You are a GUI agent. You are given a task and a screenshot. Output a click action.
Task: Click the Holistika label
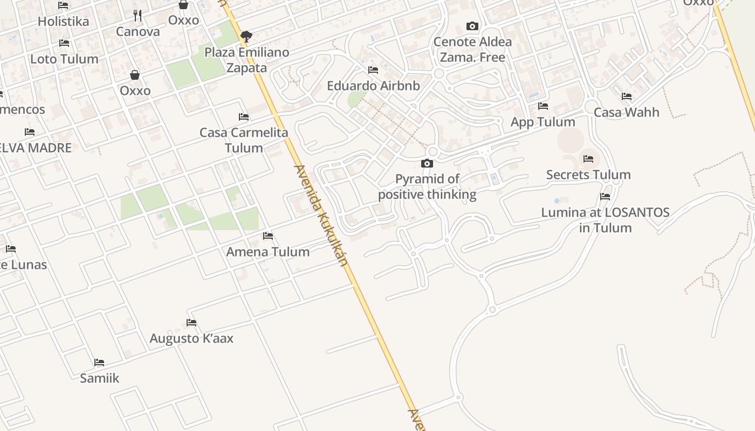click(63, 22)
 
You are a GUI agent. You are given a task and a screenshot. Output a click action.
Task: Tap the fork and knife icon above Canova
click(138, 16)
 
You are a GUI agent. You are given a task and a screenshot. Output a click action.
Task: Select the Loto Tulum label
click(64, 59)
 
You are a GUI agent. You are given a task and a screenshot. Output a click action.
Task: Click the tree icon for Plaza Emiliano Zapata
click(246, 37)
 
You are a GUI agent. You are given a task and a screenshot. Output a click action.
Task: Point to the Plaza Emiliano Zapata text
click(246, 60)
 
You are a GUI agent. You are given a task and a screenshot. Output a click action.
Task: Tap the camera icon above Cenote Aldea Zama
click(472, 26)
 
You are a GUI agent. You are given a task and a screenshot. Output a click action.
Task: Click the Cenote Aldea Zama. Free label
click(472, 50)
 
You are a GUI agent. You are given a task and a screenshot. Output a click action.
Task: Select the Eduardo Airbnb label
click(373, 86)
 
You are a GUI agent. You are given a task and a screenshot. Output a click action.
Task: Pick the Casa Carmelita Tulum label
click(244, 140)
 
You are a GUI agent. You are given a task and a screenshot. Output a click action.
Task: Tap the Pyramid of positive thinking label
click(427, 186)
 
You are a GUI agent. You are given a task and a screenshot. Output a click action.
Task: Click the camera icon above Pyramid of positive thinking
click(427, 163)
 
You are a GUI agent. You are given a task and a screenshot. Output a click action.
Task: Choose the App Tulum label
click(543, 122)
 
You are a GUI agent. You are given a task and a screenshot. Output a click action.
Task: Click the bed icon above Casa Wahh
click(627, 96)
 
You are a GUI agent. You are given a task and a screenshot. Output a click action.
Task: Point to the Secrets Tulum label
click(588, 175)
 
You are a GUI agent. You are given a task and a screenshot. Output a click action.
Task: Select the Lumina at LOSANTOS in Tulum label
click(605, 220)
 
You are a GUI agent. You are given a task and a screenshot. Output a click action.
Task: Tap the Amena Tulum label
click(268, 252)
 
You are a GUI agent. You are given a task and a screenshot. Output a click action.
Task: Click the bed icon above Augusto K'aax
click(191, 323)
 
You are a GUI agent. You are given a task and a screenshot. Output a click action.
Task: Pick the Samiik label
click(99, 378)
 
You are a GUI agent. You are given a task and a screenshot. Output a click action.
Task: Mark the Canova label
click(138, 31)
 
